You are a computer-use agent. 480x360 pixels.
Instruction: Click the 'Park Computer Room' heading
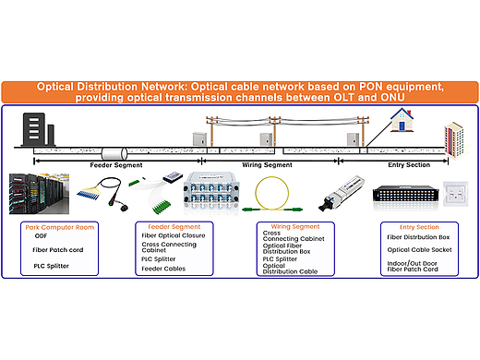coord(60,227)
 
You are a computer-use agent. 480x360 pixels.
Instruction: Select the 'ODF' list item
coord(41,236)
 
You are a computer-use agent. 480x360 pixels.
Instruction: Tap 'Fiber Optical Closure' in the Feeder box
coord(174,235)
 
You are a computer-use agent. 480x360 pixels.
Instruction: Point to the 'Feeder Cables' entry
coord(163,269)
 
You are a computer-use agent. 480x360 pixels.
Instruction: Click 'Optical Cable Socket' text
coord(419,250)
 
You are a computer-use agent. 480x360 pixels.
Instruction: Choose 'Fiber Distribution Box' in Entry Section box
coord(418,237)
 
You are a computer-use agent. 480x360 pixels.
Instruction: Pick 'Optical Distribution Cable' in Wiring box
coord(290,269)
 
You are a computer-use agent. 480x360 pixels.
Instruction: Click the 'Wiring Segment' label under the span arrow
coord(267,165)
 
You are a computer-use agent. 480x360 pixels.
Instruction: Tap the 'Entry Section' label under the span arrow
coord(409,165)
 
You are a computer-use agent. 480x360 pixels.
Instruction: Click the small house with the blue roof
coord(402,120)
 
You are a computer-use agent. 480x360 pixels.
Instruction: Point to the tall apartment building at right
coord(456,140)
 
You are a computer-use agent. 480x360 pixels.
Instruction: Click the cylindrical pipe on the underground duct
coord(114,153)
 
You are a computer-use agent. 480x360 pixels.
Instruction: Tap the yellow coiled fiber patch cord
coord(272,195)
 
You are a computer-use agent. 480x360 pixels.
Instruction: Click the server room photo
coord(39,194)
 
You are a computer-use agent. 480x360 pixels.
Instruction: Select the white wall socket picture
coord(456,194)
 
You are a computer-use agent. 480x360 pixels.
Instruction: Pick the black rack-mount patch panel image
coord(405,194)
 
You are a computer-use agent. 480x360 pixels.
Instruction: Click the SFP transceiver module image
coord(342,194)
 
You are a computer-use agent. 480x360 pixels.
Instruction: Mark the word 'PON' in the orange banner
coord(370,87)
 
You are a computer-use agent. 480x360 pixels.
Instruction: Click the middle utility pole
coord(274,132)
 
